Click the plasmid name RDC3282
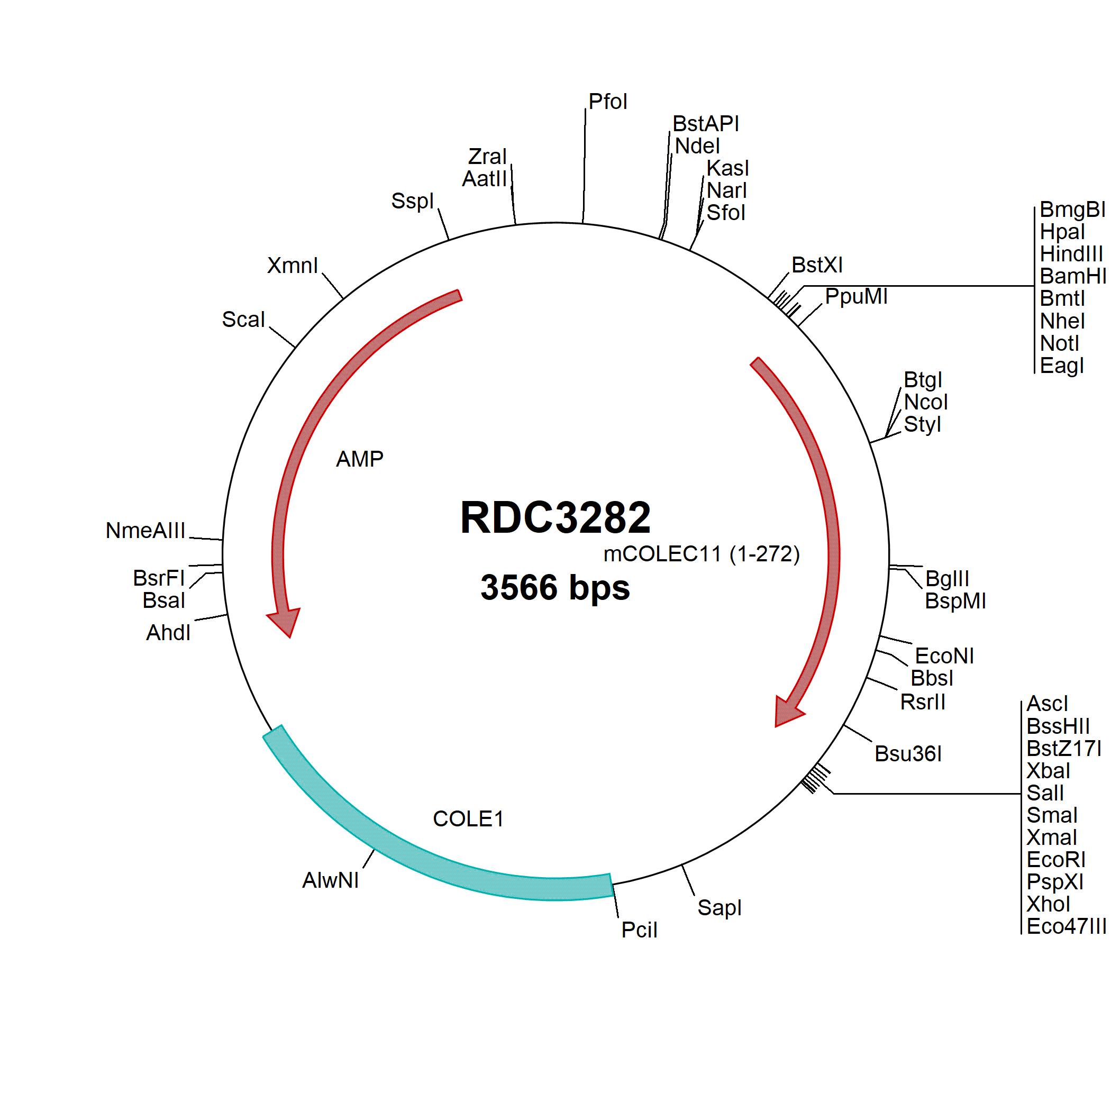click(x=555, y=517)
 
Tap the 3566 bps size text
click(x=555, y=587)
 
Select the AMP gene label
click(x=359, y=459)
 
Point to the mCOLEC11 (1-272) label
click(x=702, y=554)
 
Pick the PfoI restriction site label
click(x=608, y=102)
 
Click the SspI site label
click(x=412, y=201)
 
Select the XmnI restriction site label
click(x=292, y=265)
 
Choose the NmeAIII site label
click(x=145, y=530)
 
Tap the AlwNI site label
click(x=331, y=880)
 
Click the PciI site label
click(x=639, y=930)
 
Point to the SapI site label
click(x=720, y=908)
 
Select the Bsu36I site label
click(x=908, y=753)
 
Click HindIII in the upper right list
click(x=1071, y=253)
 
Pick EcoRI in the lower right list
click(x=1056, y=860)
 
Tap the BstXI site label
click(x=816, y=265)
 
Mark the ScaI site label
click(x=243, y=319)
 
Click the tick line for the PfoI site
click(x=584, y=166)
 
